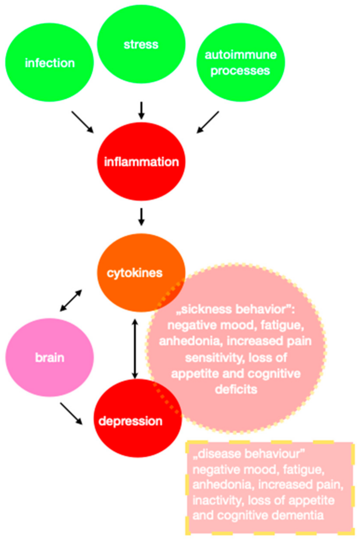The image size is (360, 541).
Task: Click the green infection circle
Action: (x=50, y=63)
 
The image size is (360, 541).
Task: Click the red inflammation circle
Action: (x=141, y=162)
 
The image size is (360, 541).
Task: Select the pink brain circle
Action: (x=50, y=358)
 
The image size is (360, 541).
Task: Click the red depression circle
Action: (x=138, y=421)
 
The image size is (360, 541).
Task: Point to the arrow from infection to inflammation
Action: (x=82, y=122)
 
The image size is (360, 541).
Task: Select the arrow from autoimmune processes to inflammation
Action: (x=208, y=122)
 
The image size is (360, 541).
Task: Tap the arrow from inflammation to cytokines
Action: (x=141, y=216)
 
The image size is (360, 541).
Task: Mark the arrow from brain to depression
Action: (x=72, y=413)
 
